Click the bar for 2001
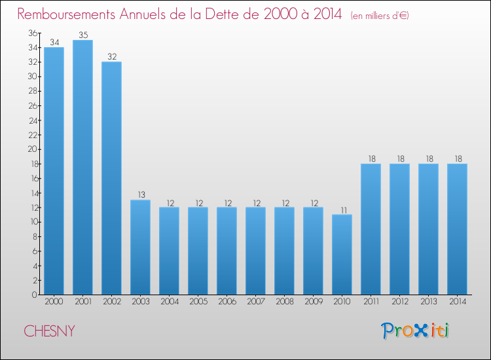coord(82,167)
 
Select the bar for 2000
coord(54,171)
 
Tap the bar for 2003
coord(140,247)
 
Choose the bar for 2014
coord(457,228)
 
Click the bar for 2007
coord(255,251)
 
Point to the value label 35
coord(82,35)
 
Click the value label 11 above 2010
coord(342,210)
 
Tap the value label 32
coord(111,57)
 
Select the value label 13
coord(140,195)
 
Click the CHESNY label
coord(49,331)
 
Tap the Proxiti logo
coord(415,331)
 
